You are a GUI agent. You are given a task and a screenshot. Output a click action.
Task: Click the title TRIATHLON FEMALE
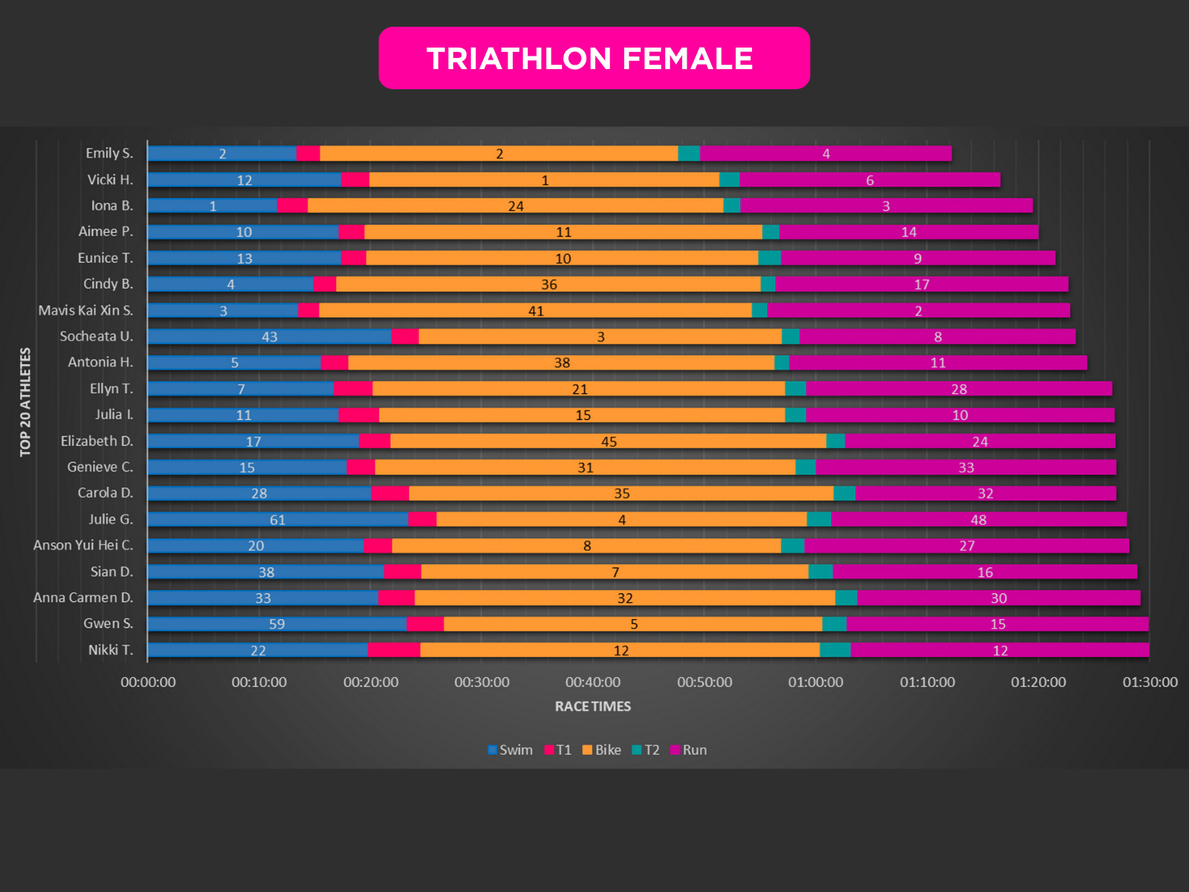pyautogui.click(x=590, y=59)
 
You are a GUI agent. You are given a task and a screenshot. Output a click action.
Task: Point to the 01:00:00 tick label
pyautogui.click(x=815, y=682)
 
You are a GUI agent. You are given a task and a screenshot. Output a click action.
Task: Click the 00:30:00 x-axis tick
pyautogui.click(x=482, y=682)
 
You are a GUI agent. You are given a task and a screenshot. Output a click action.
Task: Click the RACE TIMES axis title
pyautogui.click(x=592, y=706)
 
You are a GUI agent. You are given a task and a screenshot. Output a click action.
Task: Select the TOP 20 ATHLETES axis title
pyautogui.click(x=25, y=402)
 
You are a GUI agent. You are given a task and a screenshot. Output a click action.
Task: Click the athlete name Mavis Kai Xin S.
pyautogui.click(x=85, y=310)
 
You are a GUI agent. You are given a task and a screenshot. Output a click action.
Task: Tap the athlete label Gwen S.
pyautogui.click(x=108, y=624)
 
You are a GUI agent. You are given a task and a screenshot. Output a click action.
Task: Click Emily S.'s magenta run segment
pyautogui.click(x=825, y=154)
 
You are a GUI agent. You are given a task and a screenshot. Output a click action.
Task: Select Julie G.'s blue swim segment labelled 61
pyautogui.click(x=277, y=520)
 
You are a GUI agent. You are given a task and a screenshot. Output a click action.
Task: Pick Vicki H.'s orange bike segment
pyautogui.click(x=544, y=180)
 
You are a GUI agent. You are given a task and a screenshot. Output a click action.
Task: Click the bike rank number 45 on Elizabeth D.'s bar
pyautogui.click(x=609, y=442)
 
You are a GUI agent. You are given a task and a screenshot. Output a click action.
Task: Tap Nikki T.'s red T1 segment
pyautogui.click(x=394, y=650)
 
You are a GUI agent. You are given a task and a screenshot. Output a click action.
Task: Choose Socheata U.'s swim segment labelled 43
pyautogui.click(x=269, y=337)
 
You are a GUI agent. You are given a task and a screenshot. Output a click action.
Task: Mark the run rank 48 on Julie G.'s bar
pyautogui.click(x=978, y=520)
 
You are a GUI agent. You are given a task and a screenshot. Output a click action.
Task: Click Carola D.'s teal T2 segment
pyautogui.click(x=844, y=494)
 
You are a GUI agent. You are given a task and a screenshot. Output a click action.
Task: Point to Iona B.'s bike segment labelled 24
pyautogui.click(x=515, y=206)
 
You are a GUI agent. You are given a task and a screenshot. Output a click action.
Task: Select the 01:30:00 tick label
pyautogui.click(x=1150, y=682)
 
